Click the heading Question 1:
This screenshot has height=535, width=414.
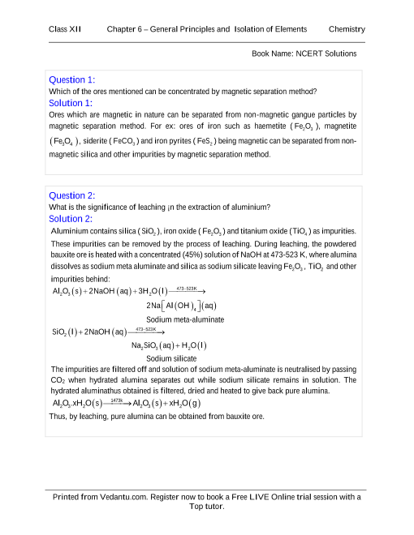[72, 79]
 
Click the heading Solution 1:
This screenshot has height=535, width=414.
[71, 103]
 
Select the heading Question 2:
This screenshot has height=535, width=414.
[72, 195]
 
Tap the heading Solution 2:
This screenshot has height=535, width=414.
[71, 219]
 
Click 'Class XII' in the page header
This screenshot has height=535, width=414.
[66, 29]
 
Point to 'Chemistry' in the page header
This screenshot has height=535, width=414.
[347, 29]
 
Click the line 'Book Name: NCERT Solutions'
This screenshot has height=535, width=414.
[304, 54]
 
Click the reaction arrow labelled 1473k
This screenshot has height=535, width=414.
[116, 403]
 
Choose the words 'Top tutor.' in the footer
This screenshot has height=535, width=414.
[206, 507]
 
